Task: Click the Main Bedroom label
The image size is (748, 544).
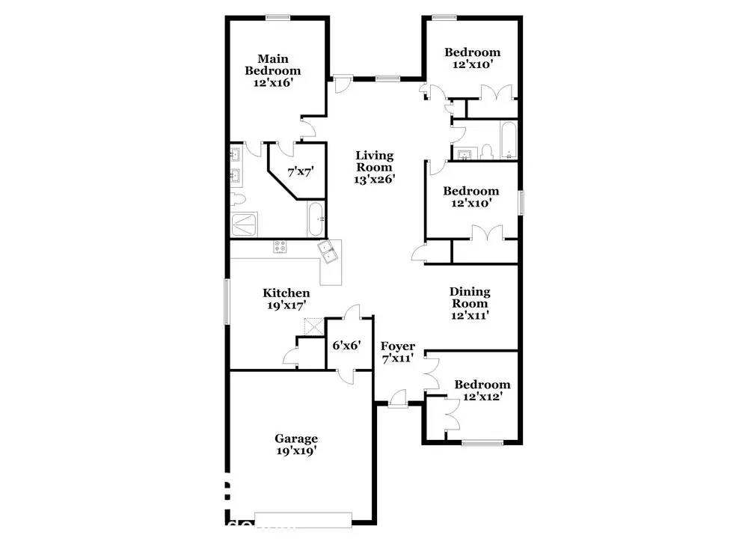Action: pyautogui.click(x=273, y=70)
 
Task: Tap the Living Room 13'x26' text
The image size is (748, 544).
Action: pyautogui.click(x=374, y=167)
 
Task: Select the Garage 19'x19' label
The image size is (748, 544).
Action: pyautogui.click(x=295, y=444)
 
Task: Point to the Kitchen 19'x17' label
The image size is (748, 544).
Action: pyautogui.click(x=286, y=299)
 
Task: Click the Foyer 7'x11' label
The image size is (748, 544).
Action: pyautogui.click(x=397, y=352)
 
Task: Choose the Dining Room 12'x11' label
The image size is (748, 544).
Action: pyautogui.click(x=470, y=303)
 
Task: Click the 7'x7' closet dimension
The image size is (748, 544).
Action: pyautogui.click(x=296, y=171)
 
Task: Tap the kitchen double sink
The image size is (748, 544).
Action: pyautogui.click(x=328, y=251)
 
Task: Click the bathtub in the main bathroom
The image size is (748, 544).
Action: pyautogui.click(x=316, y=218)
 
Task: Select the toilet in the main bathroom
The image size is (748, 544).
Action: pyautogui.click(x=238, y=199)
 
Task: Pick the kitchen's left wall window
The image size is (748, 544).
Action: pyautogui.click(x=227, y=302)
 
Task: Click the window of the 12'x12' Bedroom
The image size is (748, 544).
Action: pyautogui.click(x=482, y=444)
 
